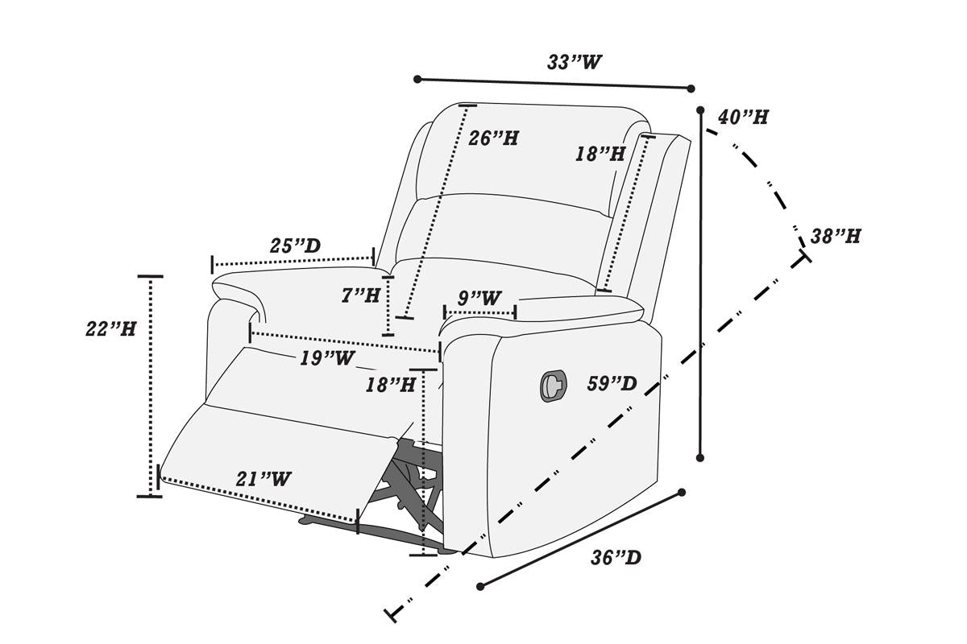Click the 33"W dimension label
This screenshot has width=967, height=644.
pos(575,63)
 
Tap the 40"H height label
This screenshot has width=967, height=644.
pos(742,117)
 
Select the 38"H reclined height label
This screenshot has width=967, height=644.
pos(835,237)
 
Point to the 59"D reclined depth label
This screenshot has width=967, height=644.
pos(612,385)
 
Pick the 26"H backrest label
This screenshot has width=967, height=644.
pos(493,138)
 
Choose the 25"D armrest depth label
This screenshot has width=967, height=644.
pos(294,246)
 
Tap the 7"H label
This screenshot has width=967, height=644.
pos(359,296)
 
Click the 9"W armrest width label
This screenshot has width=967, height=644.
pos(479,298)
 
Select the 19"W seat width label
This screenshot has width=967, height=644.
pos(326,358)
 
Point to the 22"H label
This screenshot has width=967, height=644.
pos(110,328)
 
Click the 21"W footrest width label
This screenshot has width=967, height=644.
pos(263,479)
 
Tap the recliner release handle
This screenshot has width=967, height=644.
pos(552,385)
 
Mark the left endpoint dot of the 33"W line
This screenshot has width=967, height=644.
pos(417,79)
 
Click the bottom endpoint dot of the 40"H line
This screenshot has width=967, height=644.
pos(700,458)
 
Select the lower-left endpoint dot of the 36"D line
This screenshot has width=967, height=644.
pos(480,587)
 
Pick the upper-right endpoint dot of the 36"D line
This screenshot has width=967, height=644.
pos(682,492)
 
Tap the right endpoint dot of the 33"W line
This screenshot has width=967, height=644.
pos(691,89)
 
